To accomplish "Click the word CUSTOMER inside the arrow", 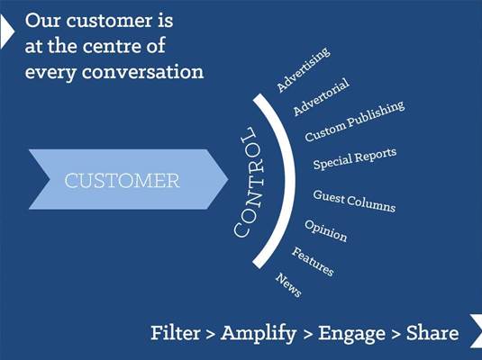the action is pos(122,181).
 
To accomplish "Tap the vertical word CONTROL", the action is pos(248,183).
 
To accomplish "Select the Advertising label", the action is pos(304,69).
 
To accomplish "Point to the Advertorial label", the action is pos(322,97).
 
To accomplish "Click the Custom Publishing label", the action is pos(354,121).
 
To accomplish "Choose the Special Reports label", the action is pos(355,158).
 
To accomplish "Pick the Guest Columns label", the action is pos(354,202).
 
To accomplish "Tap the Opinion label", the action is pos(326,230).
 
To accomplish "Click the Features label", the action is pos(313,262).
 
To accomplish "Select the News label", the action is pos(288,285).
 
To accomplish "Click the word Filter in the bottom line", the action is pos(176,333).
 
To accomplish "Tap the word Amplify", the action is pos(259,334).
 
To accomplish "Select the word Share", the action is pos(432,333).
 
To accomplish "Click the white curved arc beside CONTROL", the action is pos(290,181).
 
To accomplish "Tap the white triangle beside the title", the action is pos(7,31).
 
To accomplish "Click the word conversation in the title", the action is pos(142,72).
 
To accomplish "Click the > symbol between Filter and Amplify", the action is pos(210,334).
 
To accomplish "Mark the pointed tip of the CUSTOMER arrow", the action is pos(228,179).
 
